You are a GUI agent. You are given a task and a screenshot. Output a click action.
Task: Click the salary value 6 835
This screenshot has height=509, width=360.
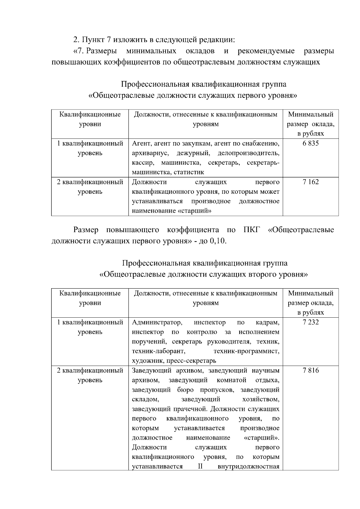310,143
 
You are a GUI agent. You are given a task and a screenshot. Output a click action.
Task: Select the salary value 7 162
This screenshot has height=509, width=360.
310,182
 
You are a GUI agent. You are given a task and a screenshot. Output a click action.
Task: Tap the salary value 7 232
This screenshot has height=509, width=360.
310,322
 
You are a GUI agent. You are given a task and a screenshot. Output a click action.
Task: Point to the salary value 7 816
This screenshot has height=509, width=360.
310,370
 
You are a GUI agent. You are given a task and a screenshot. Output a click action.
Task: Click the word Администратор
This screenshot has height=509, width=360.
157,322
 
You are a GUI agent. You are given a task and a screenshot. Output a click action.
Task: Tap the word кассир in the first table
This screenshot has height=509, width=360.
143,163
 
